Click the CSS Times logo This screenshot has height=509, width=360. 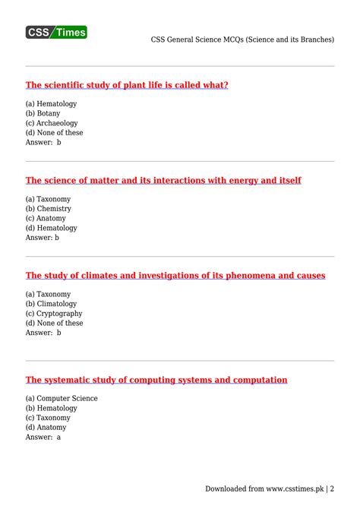(x=57, y=32)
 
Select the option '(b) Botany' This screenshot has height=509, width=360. (x=43, y=113)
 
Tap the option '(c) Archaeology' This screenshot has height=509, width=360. (x=52, y=123)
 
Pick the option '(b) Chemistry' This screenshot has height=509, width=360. (x=48, y=208)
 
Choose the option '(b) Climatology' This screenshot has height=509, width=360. (x=51, y=303)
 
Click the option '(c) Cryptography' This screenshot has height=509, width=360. (x=54, y=313)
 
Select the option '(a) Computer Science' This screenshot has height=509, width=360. (x=62, y=398)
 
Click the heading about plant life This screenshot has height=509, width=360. (x=127, y=85)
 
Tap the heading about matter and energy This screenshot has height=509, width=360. (x=163, y=180)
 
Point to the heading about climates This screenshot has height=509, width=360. (x=175, y=275)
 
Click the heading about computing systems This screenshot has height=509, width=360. (x=156, y=379)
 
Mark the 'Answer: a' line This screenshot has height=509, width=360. (x=43, y=437)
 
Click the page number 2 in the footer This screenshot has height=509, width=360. (x=332, y=488)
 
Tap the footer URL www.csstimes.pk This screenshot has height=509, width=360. (x=292, y=488)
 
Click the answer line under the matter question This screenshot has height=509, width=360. (x=43, y=237)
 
